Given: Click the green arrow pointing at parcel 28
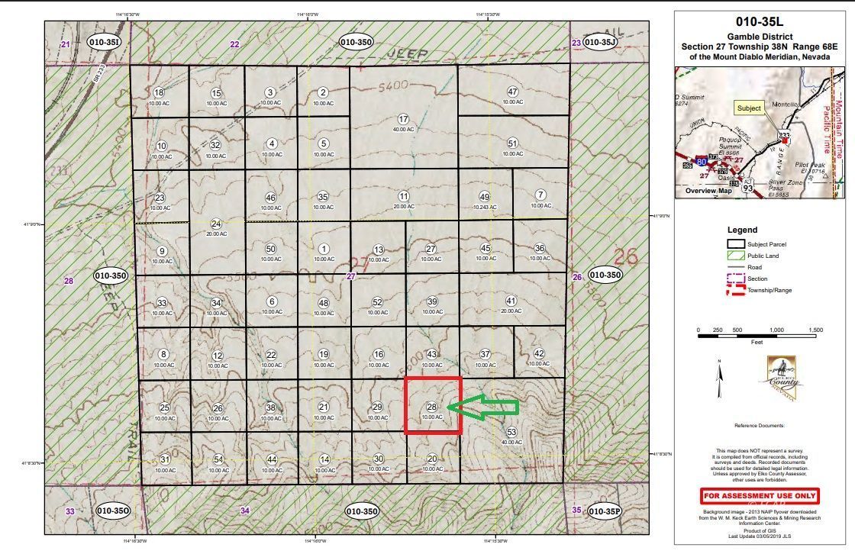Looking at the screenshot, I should tap(482, 408).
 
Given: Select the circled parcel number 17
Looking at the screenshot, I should tap(404, 119).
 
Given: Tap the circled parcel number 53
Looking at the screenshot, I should tap(511, 433).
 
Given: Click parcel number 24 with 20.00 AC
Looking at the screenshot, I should tap(216, 224).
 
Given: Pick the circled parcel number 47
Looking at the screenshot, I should tap(513, 92).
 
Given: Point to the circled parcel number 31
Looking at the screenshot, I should tap(165, 459).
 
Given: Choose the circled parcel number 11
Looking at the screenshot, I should tap(404, 197).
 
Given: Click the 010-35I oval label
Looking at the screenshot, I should tap(105, 43).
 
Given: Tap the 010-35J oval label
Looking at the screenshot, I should tap(600, 43).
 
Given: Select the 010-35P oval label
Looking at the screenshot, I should tap(600, 511).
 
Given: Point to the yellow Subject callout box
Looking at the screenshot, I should tap(749, 108).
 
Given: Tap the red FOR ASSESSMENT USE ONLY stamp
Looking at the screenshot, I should tap(760, 496).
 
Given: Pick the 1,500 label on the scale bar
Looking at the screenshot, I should tap(815, 330).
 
